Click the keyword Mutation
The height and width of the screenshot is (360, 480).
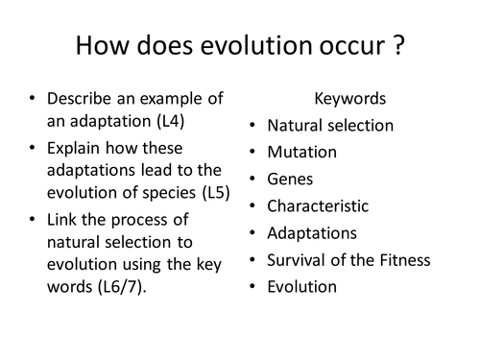(x=301, y=152)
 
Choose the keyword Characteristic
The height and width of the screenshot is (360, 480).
(x=318, y=205)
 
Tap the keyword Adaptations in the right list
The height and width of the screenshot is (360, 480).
(x=311, y=232)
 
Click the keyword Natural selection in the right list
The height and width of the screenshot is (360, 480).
(x=330, y=125)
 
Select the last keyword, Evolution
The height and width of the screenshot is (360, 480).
(x=302, y=286)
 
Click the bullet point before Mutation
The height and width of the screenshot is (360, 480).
(x=251, y=152)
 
